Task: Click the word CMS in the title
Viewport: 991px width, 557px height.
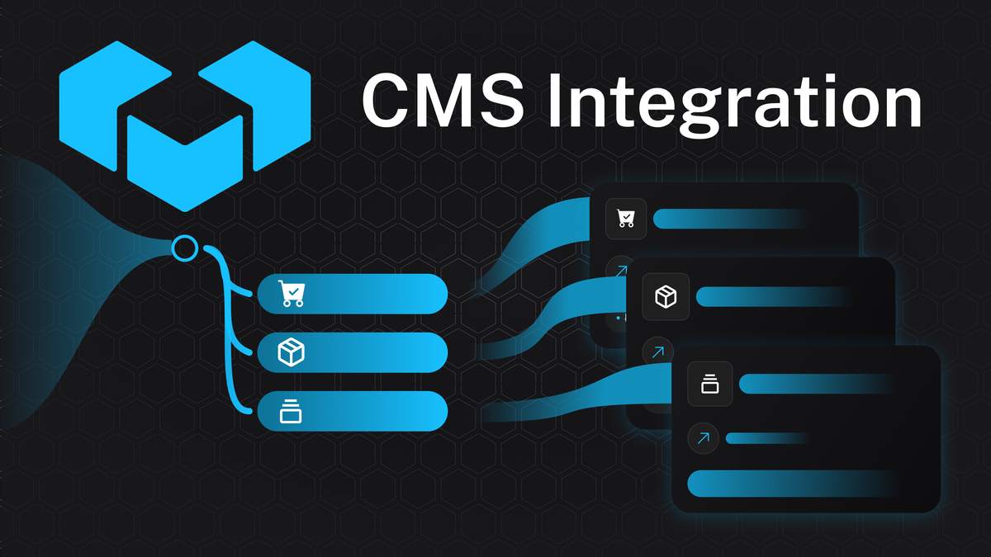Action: point(443,101)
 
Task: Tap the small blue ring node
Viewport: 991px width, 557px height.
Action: point(185,248)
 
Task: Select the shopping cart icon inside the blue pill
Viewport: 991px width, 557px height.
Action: point(292,294)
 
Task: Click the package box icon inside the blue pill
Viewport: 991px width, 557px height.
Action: point(291,352)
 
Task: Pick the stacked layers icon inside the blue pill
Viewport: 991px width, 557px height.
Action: point(291,412)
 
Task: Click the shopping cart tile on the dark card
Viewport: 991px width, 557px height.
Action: point(626,219)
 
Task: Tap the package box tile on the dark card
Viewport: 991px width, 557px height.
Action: point(666,296)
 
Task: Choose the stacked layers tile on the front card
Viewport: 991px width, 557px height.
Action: point(710,384)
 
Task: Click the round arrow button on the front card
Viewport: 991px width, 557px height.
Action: point(703,438)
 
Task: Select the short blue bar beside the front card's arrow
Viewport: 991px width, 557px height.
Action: point(767,438)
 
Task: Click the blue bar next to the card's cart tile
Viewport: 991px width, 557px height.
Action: point(730,219)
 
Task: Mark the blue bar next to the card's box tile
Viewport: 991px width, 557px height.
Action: point(773,296)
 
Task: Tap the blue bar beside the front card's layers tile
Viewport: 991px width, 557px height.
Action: point(816,384)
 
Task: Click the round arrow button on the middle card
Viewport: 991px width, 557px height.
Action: point(658,352)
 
